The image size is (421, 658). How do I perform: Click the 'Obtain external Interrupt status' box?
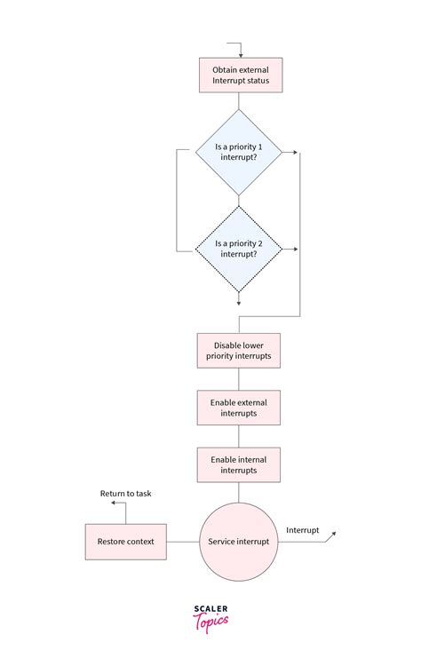239,75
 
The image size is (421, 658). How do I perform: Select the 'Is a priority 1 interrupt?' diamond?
238,152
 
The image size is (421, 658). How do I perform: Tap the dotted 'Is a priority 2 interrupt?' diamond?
238,249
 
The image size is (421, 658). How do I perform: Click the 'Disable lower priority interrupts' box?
238,350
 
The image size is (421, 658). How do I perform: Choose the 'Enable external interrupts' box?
238,408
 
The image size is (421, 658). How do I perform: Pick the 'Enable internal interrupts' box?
238,464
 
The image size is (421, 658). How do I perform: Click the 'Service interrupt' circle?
238,542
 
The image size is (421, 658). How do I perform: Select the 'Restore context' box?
126,542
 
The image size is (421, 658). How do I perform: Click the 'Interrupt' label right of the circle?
302,530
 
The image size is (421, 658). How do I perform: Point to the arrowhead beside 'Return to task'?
113,503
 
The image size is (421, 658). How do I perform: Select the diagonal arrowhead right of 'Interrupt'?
333,535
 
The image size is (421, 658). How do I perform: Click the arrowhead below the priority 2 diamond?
238,303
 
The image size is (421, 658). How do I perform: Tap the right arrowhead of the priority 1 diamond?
294,153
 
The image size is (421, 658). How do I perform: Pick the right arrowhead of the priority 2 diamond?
294,250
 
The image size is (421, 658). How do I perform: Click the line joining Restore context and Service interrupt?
183,542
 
